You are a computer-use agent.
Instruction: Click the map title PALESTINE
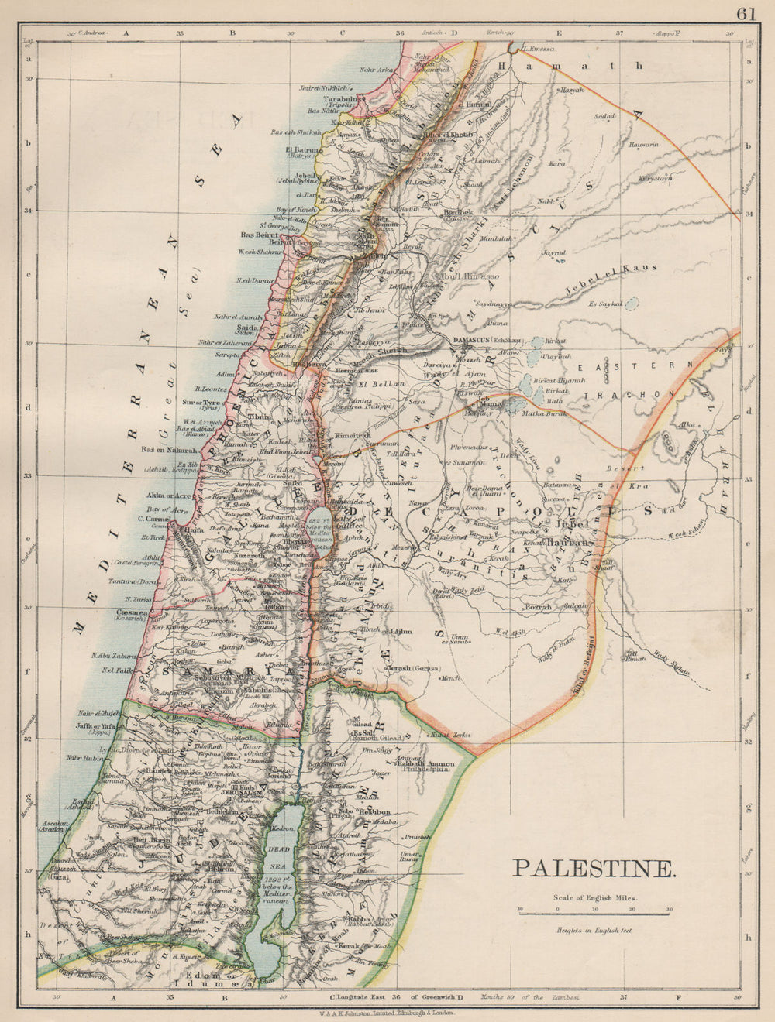594,868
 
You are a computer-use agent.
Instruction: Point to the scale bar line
594,914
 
